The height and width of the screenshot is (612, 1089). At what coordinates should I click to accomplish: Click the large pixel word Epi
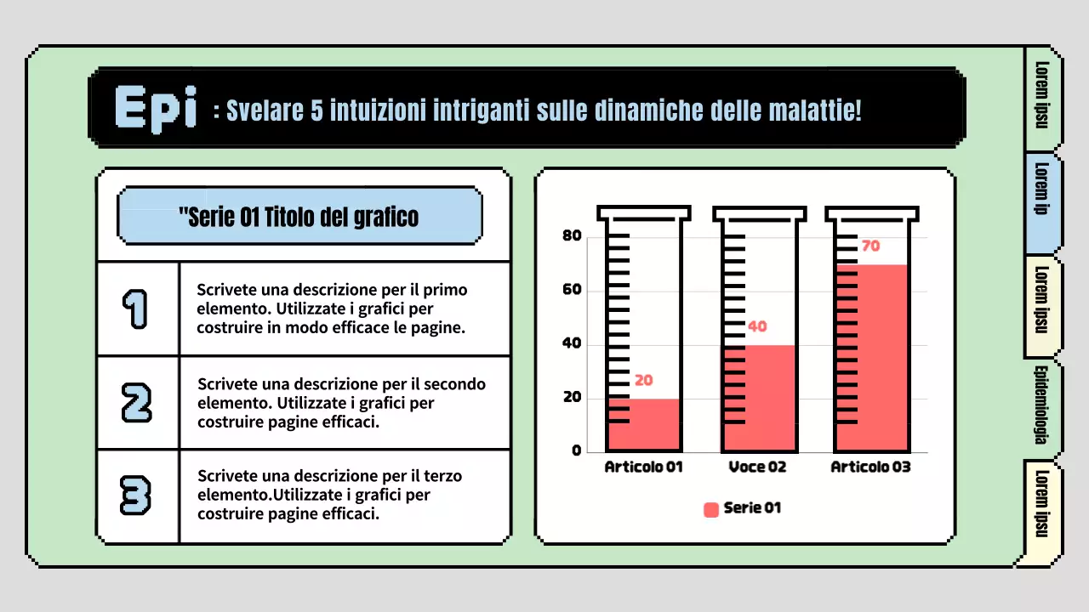[x=156, y=109]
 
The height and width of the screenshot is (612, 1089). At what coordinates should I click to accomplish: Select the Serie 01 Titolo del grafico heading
[x=299, y=217]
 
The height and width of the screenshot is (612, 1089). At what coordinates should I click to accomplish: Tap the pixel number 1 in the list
[x=135, y=309]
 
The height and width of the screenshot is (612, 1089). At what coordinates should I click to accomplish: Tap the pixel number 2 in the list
[x=136, y=402]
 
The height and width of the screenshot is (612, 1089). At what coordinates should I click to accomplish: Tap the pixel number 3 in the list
[x=136, y=496]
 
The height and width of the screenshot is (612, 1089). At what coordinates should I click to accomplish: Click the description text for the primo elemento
[x=332, y=309]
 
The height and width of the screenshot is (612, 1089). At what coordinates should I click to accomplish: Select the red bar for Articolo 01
[x=643, y=424]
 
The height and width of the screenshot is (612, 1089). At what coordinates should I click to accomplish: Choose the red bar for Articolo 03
[x=872, y=357]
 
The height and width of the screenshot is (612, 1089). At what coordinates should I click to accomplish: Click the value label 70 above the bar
[x=870, y=246]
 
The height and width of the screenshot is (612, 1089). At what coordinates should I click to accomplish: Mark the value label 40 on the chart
[x=757, y=327]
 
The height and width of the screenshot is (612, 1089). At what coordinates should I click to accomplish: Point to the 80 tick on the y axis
[x=572, y=236]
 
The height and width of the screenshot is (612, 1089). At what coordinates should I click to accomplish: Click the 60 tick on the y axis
[x=572, y=290]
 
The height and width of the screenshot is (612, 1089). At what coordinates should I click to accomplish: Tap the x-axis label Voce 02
[x=757, y=467]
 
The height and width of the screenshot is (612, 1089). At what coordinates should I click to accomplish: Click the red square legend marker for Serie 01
[x=711, y=509]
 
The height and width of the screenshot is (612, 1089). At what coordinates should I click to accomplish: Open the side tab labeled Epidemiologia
[x=1041, y=405]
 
